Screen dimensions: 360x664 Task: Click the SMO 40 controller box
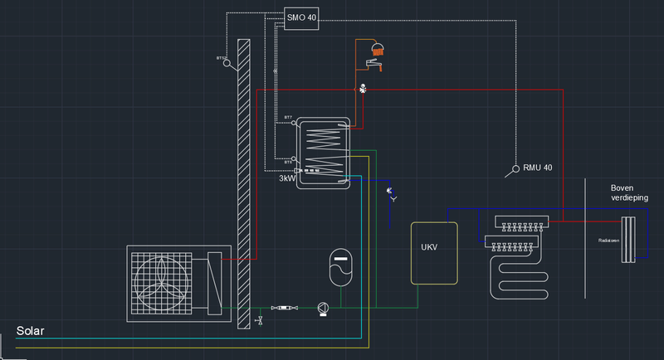(300, 17)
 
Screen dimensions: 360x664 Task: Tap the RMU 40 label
(537, 168)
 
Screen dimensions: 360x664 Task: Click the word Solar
(30, 331)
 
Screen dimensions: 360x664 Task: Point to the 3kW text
(287, 178)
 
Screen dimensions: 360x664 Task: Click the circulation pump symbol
(323, 308)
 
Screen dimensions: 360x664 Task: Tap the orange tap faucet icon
(373, 63)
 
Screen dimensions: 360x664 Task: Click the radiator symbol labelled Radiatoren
(628, 240)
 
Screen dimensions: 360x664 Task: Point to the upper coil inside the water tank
(325, 132)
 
